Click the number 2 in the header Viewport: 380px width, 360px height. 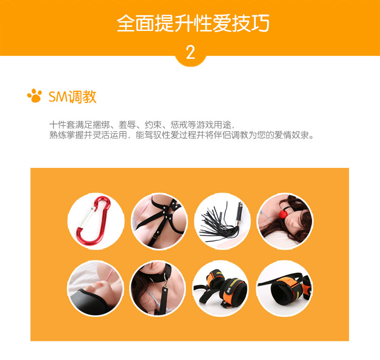pyautogui.click(x=191, y=52)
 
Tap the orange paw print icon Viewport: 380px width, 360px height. pyautogui.click(x=34, y=96)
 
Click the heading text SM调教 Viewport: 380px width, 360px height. pyautogui.click(x=72, y=96)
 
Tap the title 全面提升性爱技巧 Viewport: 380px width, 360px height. pyautogui.click(x=193, y=24)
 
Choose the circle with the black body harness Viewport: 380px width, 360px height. pyautogui.click(x=159, y=222)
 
